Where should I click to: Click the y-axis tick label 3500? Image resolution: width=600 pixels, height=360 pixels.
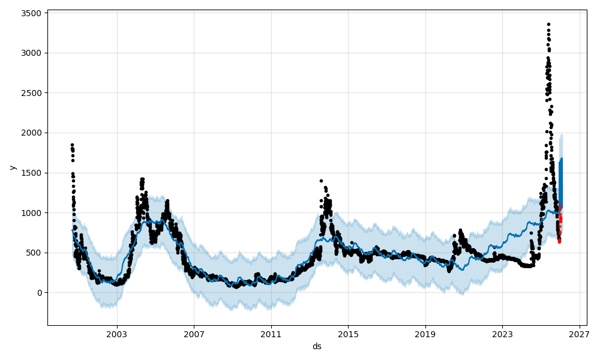(32, 13)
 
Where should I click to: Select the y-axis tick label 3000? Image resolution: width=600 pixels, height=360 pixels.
(32, 53)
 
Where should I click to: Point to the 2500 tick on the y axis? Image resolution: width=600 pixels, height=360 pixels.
(32, 93)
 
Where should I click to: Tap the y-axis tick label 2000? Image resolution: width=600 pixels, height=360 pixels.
(32, 133)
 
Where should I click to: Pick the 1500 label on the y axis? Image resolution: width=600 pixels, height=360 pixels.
(32, 173)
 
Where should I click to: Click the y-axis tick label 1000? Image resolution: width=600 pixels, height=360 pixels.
(32, 212)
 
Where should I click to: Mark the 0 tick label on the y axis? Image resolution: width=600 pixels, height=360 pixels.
(39, 293)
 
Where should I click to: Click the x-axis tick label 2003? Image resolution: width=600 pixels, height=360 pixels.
(117, 334)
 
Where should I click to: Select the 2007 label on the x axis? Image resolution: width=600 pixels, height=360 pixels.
(194, 334)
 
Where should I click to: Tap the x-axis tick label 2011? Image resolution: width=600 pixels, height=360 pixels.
(271, 334)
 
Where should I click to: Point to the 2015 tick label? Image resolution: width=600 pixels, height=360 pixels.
(348, 334)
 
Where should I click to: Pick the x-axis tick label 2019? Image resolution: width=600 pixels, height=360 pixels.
(425, 334)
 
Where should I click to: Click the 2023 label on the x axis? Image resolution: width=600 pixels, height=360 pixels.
(502, 334)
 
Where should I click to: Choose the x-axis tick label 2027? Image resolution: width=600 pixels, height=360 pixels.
(579, 334)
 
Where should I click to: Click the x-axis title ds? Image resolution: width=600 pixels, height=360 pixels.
(317, 346)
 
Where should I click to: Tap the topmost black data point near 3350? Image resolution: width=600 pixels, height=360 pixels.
(548, 25)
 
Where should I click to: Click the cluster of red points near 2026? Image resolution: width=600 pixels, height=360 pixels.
(559, 225)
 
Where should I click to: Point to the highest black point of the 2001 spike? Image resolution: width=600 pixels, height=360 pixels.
(72, 145)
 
